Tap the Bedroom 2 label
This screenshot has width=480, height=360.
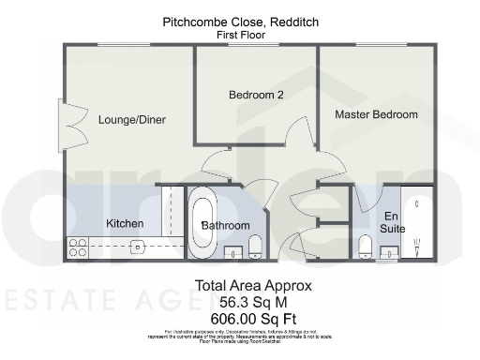256,95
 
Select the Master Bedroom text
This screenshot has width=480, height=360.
376,114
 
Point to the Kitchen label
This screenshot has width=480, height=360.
125,223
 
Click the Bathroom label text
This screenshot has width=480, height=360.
226,226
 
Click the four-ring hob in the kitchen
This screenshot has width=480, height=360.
77,247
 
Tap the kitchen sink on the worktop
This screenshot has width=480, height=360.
137,247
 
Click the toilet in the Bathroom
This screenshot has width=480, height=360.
255,246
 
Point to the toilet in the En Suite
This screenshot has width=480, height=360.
366,246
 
